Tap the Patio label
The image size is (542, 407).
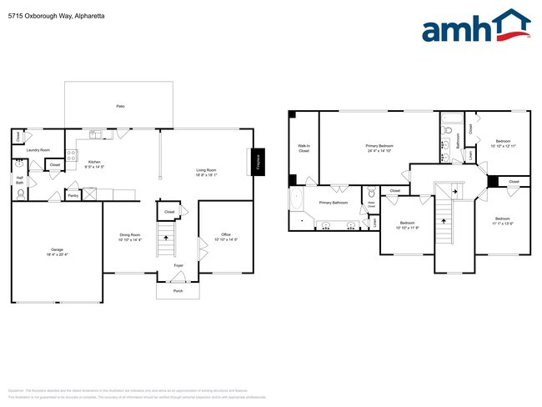click(x=119, y=105)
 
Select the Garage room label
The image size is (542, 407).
click(x=57, y=252)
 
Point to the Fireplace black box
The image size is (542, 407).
click(x=258, y=161)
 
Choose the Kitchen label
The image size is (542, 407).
click(x=94, y=163)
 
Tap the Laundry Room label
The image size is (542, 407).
click(x=38, y=150)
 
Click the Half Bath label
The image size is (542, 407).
click(x=19, y=179)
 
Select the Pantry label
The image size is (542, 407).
click(x=73, y=196)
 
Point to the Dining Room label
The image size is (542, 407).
click(x=131, y=237)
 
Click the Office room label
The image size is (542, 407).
click(x=225, y=237)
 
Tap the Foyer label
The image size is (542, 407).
click(x=178, y=265)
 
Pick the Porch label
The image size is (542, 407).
click(x=178, y=291)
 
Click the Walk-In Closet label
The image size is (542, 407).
click(x=304, y=148)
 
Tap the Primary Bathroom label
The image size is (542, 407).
click(x=334, y=203)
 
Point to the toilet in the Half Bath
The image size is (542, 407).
click(x=20, y=193)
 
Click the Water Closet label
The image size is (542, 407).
click(x=371, y=203)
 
